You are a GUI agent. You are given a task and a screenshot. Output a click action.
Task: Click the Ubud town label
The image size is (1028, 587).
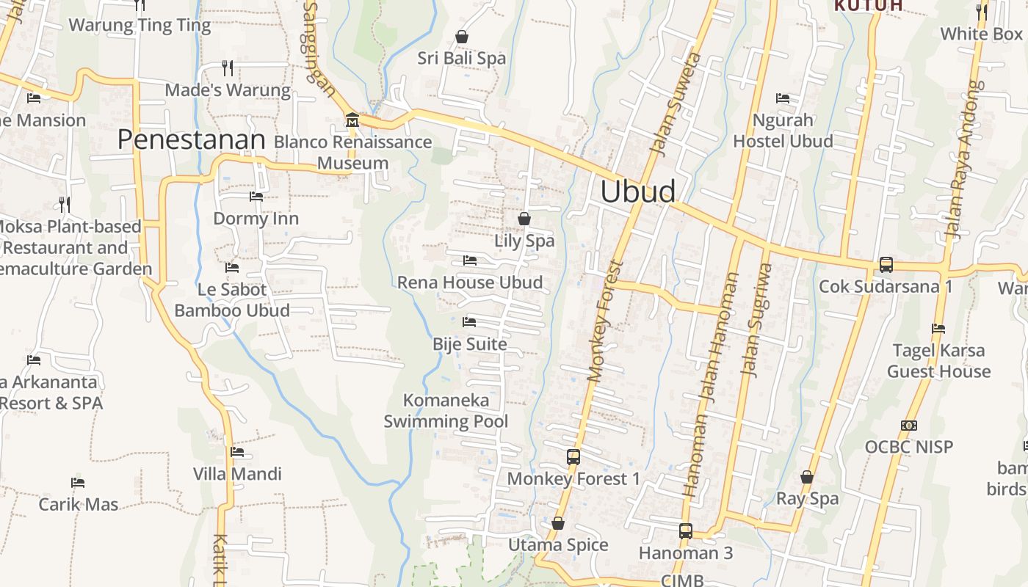point(637,192)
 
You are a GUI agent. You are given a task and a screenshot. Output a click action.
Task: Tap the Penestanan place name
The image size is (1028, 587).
point(191,139)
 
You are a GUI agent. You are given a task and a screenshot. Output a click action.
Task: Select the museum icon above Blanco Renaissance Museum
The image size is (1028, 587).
point(352,120)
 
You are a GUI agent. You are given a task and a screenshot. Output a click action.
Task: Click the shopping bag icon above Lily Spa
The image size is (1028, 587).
point(524,218)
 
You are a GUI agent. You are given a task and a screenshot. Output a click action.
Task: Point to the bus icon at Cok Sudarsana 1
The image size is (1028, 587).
point(886,265)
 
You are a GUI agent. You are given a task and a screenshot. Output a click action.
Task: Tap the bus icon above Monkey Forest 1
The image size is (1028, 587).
point(573,456)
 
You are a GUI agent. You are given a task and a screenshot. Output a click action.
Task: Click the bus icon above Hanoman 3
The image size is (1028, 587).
point(685,531)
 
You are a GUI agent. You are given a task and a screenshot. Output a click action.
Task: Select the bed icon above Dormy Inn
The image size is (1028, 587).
point(256,196)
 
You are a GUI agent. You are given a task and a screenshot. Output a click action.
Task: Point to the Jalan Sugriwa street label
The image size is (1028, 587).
point(757,320)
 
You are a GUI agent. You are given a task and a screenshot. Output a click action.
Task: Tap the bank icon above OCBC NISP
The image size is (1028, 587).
point(908,425)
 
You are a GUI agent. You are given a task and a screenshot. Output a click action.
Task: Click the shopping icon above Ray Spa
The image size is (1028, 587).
point(807,477)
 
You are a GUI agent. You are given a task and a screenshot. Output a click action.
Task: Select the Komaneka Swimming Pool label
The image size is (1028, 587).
point(446,411)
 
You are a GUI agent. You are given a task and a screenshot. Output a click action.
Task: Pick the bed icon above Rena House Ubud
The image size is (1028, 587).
point(469,260)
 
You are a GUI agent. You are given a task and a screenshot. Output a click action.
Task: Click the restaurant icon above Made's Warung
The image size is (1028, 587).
point(228,68)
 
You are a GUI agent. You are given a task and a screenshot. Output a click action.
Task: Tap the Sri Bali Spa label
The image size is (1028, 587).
point(461,58)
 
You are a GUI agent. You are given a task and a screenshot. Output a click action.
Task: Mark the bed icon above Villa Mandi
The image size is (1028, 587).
point(236,452)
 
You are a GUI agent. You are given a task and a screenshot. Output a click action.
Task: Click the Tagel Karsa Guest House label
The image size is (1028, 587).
point(938,361)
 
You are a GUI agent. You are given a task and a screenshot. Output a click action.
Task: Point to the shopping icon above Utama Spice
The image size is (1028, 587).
point(558,523)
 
